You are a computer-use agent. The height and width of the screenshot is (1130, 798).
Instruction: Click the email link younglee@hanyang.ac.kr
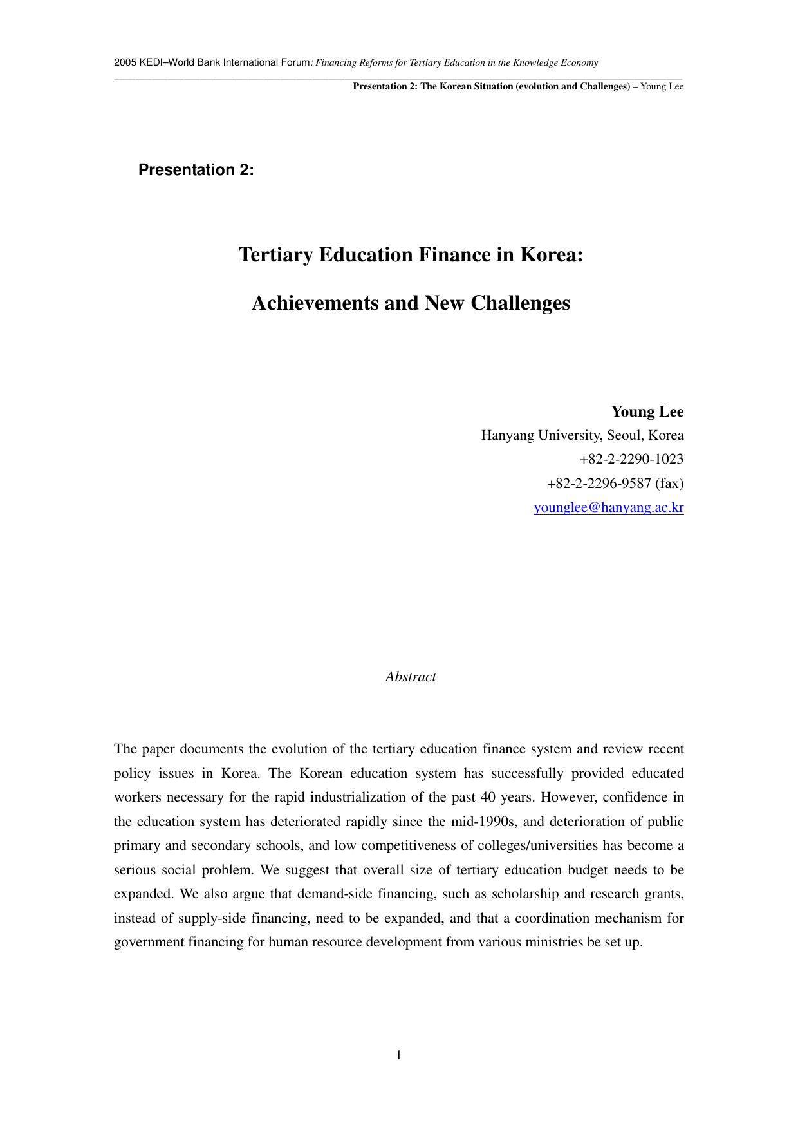tap(609, 507)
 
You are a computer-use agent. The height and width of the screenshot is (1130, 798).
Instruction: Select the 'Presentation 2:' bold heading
tap(196, 170)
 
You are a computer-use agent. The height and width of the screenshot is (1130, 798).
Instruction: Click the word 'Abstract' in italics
tap(411, 677)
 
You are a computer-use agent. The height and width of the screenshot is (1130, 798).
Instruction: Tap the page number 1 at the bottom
tap(399, 1055)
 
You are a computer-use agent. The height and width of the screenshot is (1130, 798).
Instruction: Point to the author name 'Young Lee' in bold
tap(647, 412)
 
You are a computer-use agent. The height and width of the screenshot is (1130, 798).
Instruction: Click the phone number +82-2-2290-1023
tap(631, 459)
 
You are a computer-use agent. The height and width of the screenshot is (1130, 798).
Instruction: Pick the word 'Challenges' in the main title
tap(520, 303)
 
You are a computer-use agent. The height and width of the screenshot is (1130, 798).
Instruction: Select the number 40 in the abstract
tap(488, 797)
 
